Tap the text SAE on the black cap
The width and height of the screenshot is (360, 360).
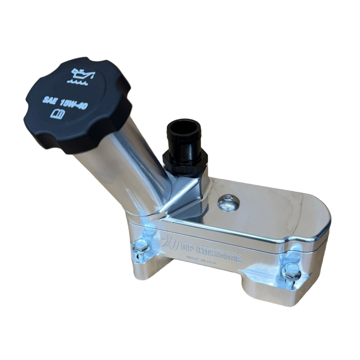49,101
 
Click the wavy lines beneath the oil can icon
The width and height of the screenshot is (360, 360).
77,82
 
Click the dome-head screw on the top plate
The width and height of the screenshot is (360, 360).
229,203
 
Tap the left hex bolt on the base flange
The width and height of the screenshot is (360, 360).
141,245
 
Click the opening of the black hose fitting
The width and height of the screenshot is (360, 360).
183,128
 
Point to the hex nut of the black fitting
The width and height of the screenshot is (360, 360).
185,163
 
